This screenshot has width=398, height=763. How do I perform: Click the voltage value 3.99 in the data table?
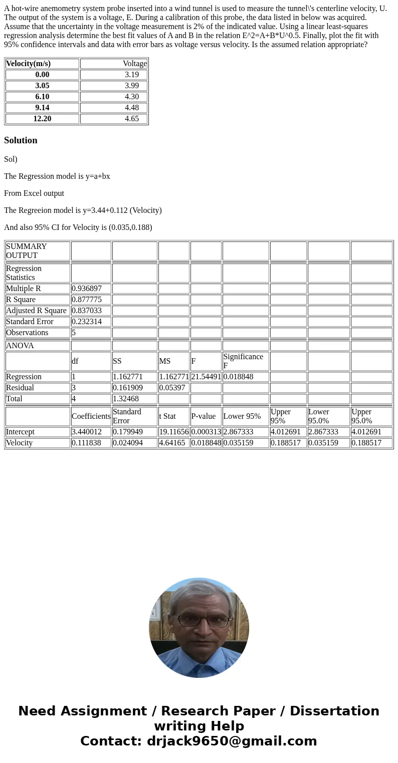coord(132,86)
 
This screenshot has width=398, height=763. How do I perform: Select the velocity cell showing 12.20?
coord(42,119)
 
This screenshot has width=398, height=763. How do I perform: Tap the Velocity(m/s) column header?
coord(29,64)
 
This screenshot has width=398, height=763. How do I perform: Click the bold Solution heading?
coord(21,140)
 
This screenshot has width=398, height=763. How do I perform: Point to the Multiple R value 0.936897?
coord(87,289)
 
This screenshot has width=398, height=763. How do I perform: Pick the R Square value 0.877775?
coord(87,300)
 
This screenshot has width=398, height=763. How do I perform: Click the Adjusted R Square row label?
coord(36,311)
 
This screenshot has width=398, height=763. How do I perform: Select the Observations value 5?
coord(74,333)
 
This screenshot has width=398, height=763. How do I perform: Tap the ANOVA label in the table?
coord(20,346)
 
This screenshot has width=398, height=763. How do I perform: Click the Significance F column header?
coord(243,361)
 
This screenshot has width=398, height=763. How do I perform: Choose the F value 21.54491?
coord(206,377)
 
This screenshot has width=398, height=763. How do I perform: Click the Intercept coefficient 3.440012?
coord(87,432)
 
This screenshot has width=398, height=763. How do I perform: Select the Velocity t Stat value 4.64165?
coord(172,443)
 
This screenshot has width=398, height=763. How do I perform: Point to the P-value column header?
coord(204,416)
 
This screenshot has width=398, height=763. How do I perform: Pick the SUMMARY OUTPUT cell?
coord(27,251)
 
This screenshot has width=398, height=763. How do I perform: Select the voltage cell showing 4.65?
coord(132,119)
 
